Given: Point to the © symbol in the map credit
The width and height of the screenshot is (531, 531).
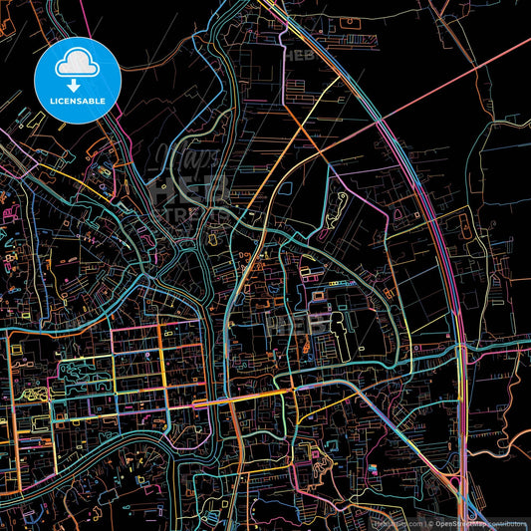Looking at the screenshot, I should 429,523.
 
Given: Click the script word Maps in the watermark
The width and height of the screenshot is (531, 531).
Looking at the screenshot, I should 182,154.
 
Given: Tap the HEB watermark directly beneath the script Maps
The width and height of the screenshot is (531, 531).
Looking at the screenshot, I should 189,185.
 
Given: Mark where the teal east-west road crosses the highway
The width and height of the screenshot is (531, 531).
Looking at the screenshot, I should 459,349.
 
